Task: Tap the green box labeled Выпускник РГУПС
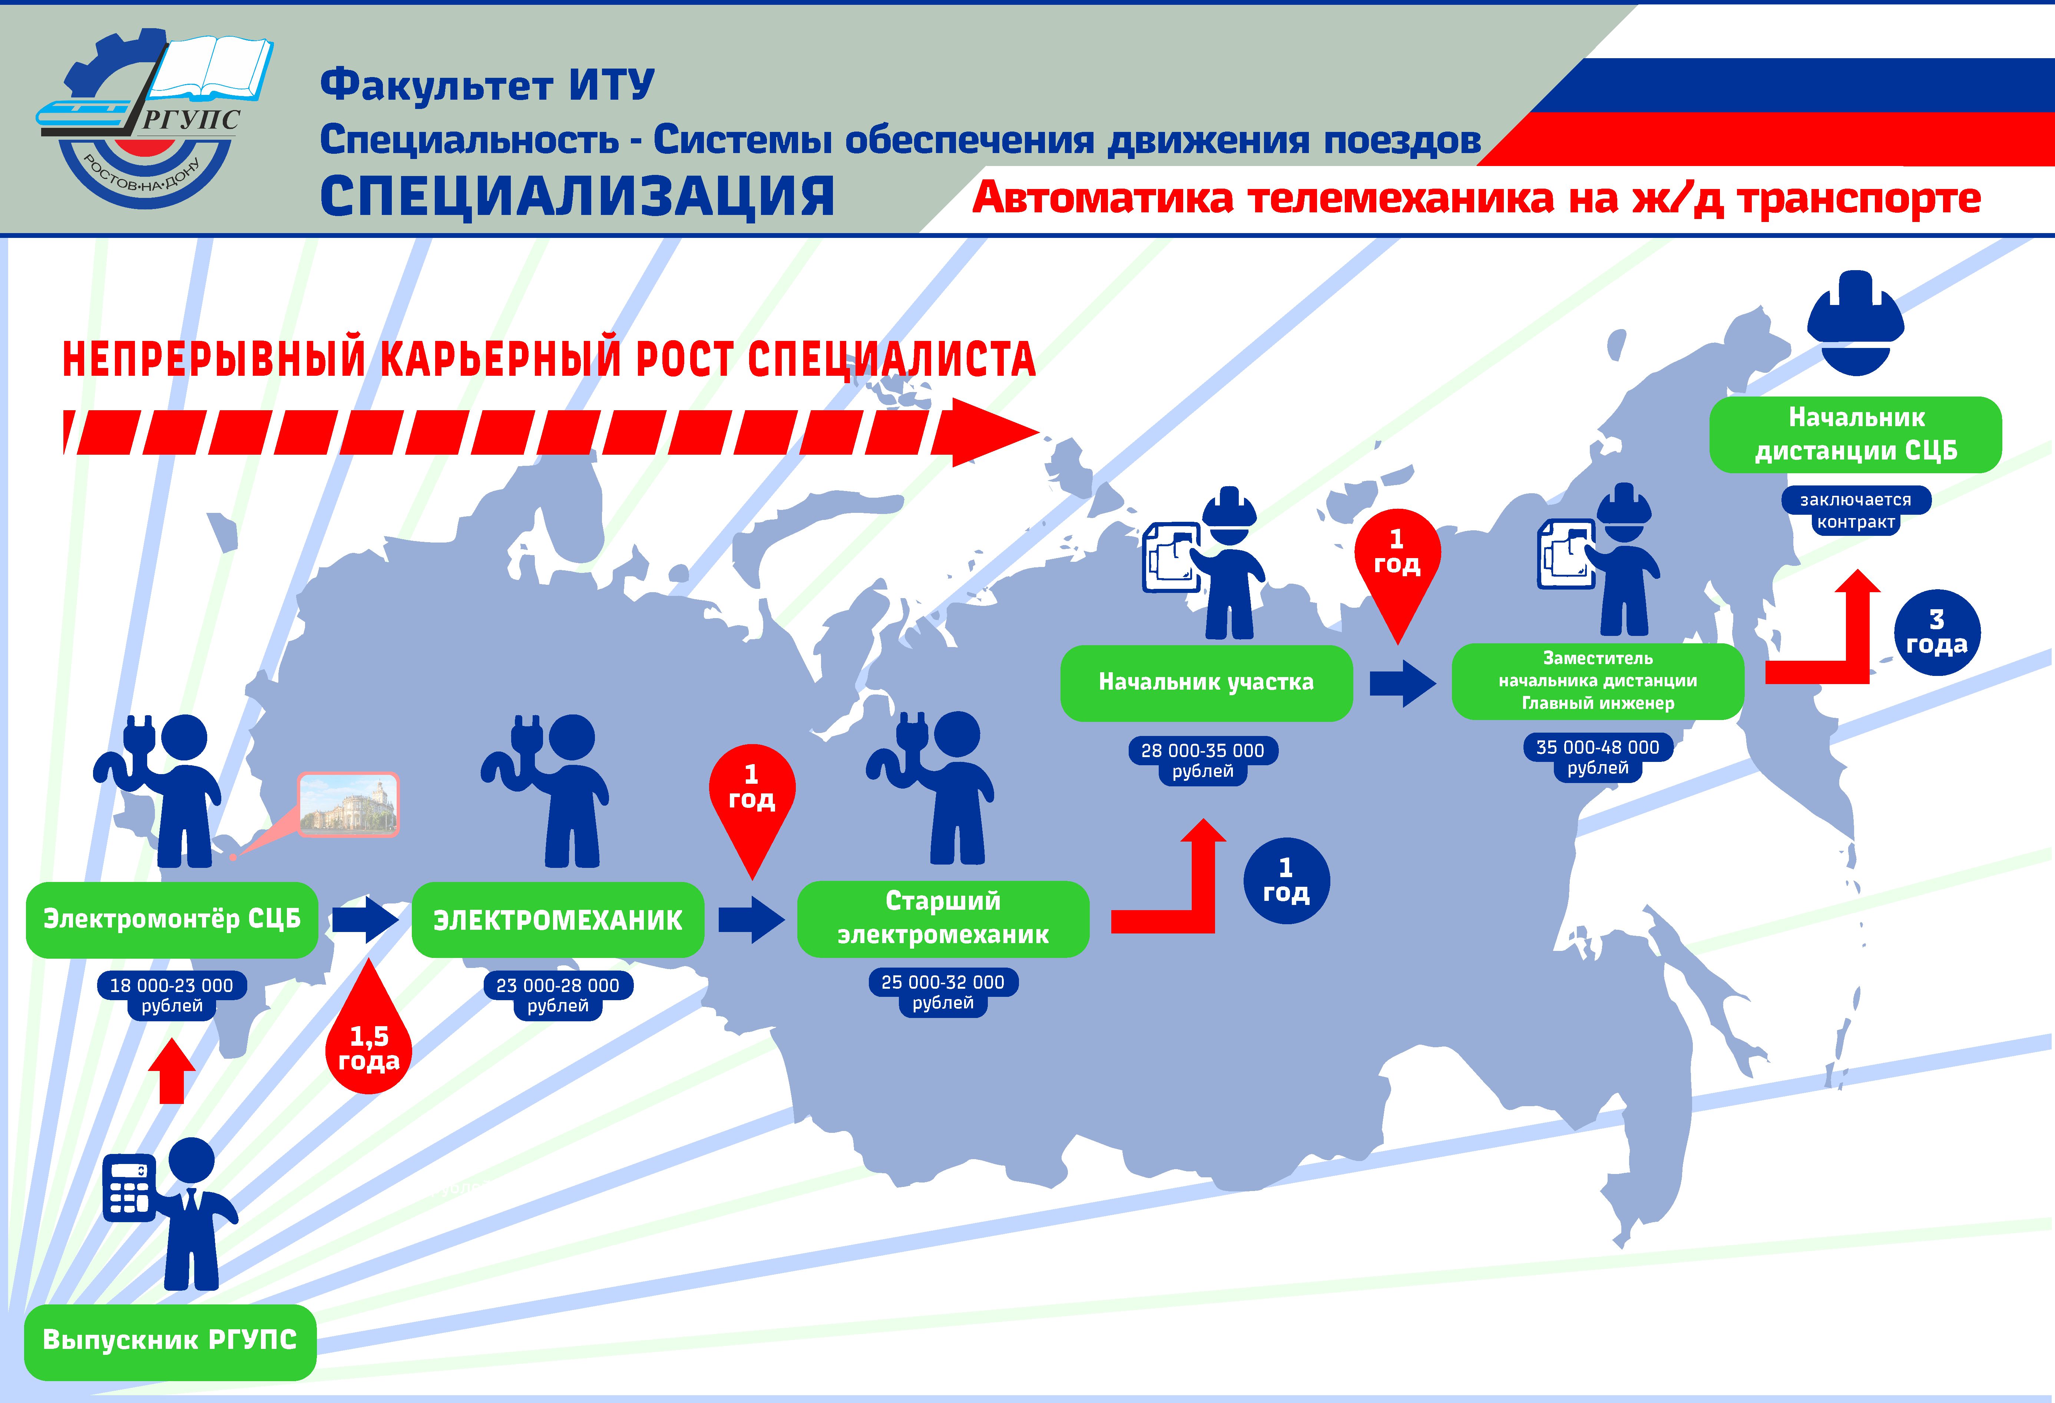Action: (x=170, y=1340)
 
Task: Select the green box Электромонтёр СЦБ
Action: (x=172, y=919)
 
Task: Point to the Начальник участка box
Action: (x=1206, y=683)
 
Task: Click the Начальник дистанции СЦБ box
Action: (x=1855, y=434)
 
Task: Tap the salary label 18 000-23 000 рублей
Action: (x=172, y=995)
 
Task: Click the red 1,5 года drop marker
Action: (x=369, y=1043)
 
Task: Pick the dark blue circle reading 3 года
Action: (x=1936, y=632)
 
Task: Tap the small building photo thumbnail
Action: (x=348, y=805)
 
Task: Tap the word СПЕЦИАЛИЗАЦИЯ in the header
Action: (x=576, y=196)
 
